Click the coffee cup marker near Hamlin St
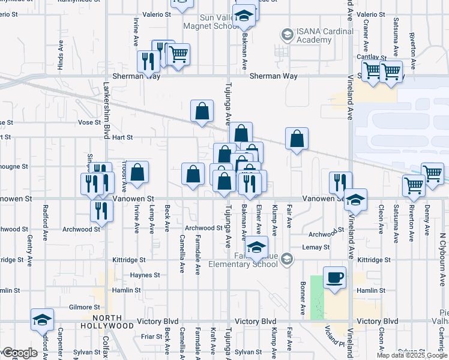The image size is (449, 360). (x=335, y=278)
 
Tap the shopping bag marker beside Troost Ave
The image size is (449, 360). (x=137, y=172)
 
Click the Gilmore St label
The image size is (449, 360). (x=80, y=307)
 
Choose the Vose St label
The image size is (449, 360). (x=89, y=122)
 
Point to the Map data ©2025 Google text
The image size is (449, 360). (x=412, y=355)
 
